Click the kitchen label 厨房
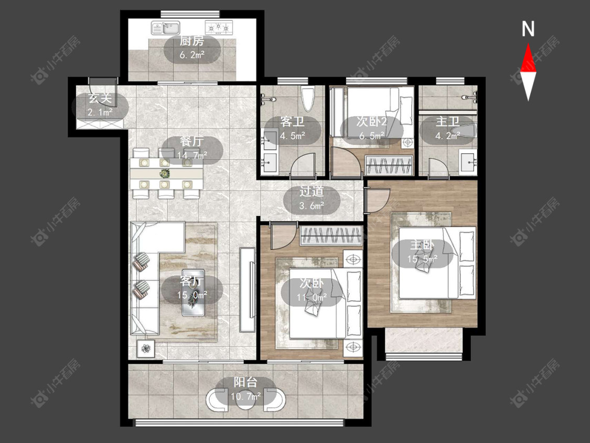[192, 41]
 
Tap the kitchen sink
[166, 27]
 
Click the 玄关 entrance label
[101, 98]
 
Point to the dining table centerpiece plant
[164, 174]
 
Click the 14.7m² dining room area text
[192, 155]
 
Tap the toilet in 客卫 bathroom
[307, 99]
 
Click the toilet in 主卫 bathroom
[463, 131]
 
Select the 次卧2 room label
[372, 122]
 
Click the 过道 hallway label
[312, 192]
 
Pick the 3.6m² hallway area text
[312, 206]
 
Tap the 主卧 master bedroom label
[422, 245]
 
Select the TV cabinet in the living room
[247, 290]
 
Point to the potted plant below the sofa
[146, 349]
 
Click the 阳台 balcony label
[246, 382]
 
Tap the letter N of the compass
[528, 29]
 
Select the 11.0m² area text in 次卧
[312, 298]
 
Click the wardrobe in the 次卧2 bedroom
[389, 165]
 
